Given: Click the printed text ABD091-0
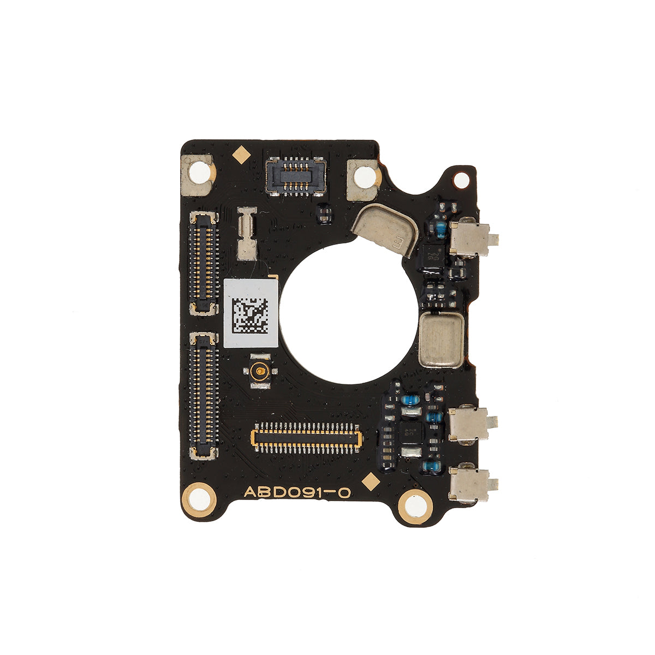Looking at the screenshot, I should pyautogui.click(x=296, y=492).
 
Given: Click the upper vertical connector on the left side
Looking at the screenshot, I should pyautogui.click(x=204, y=263).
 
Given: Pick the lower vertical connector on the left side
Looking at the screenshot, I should pyautogui.click(x=204, y=395).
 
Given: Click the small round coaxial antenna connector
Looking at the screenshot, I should pyautogui.click(x=260, y=373).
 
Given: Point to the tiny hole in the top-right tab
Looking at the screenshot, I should pyautogui.click(x=461, y=178).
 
